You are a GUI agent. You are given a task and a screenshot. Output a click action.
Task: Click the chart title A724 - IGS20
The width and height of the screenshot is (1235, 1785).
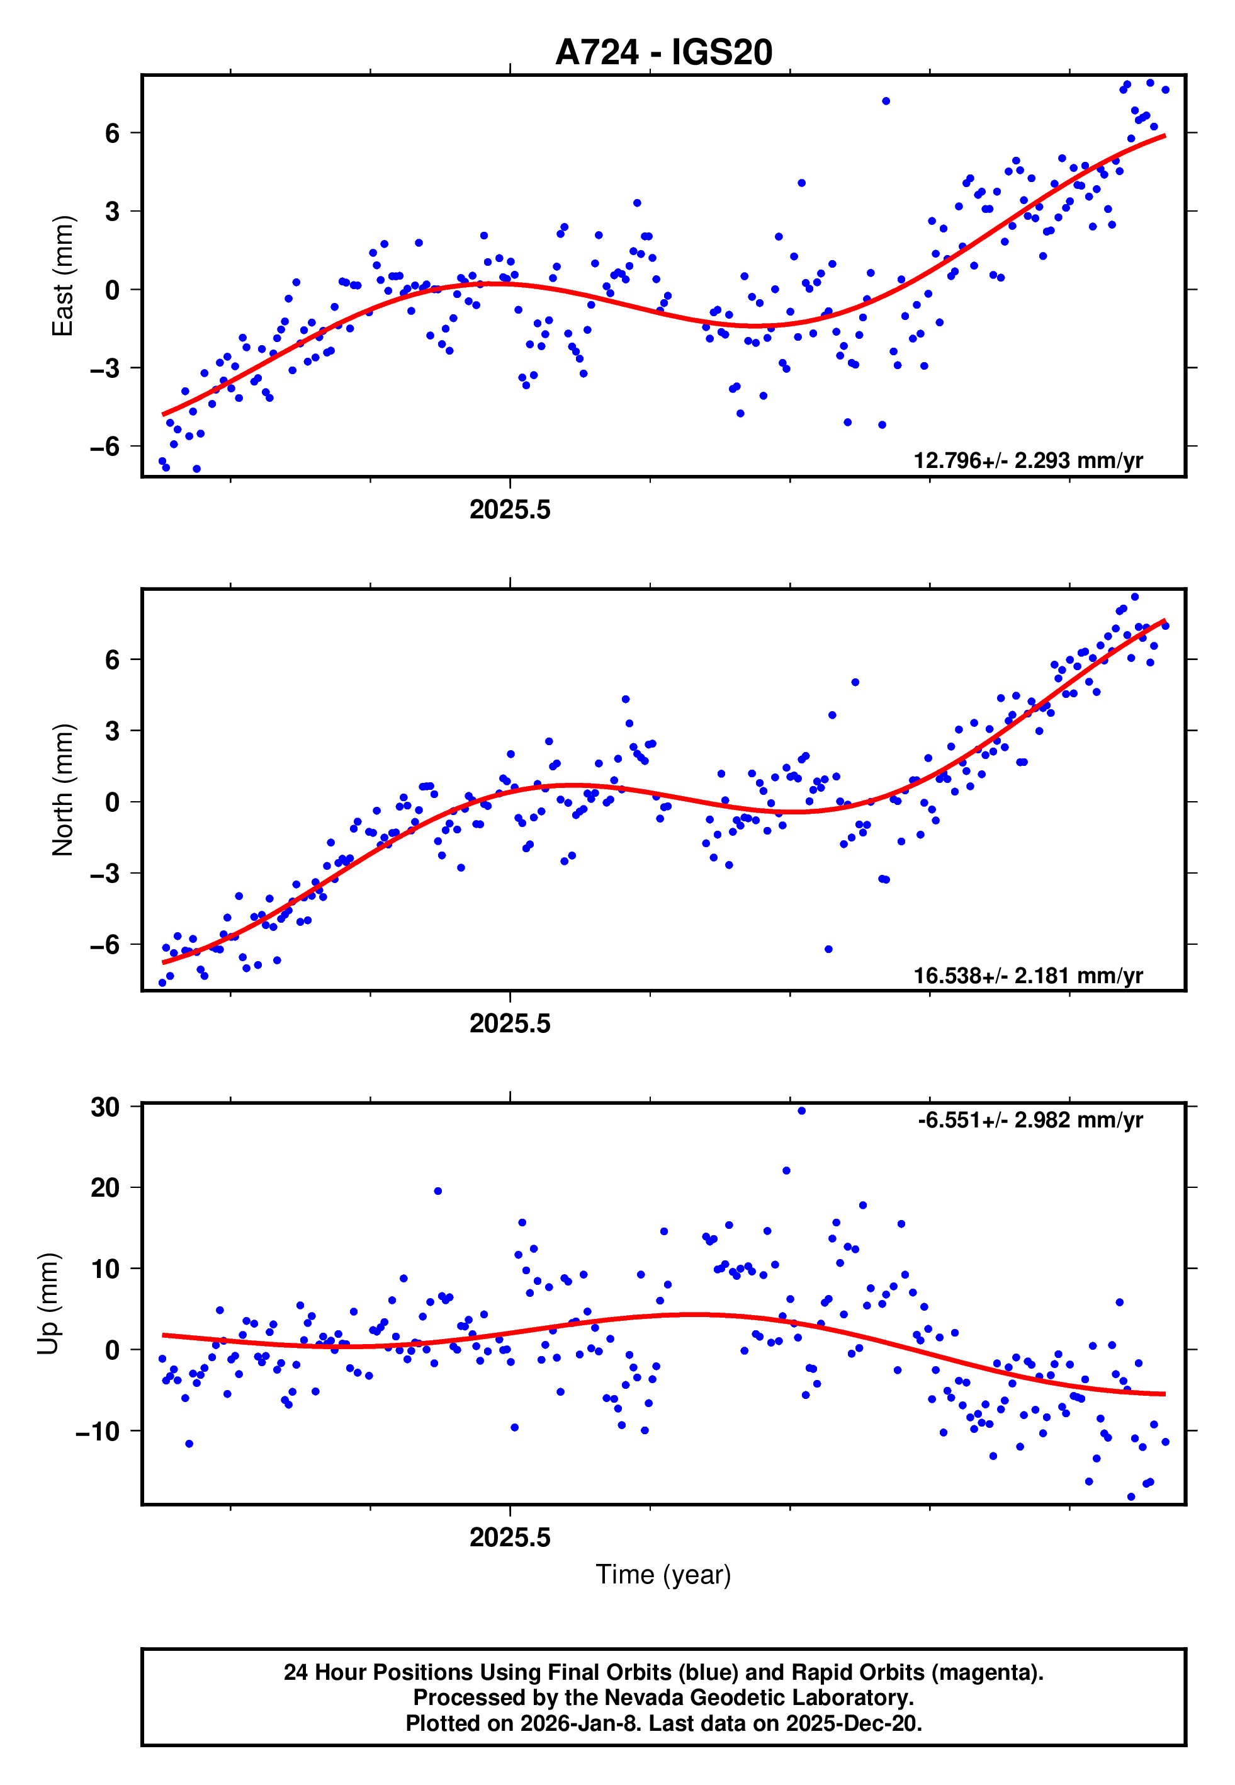[663, 53]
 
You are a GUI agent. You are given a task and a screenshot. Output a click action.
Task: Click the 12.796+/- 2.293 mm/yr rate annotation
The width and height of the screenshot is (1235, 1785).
[1028, 460]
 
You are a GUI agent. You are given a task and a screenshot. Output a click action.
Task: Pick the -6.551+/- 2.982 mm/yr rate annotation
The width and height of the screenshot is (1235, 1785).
[1030, 1119]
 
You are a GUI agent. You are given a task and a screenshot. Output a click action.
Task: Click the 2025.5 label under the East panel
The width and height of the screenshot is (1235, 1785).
[510, 510]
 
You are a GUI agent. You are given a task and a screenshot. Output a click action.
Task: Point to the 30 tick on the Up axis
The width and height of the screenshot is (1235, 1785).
[105, 1107]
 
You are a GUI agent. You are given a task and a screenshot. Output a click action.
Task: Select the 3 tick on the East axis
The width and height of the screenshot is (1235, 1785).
[113, 212]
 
